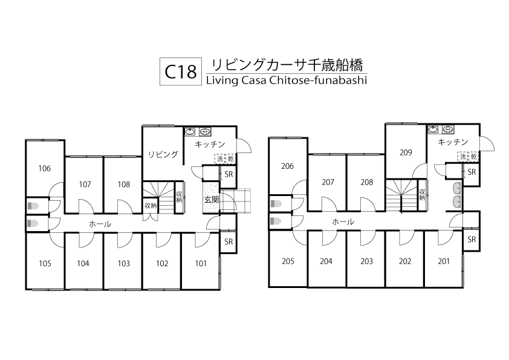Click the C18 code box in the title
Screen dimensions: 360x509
[181, 72]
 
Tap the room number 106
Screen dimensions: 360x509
[44, 169]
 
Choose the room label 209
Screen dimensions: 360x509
[405, 152]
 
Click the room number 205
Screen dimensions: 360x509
[288, 261]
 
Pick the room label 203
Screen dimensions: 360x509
[366, 261]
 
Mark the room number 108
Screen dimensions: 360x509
[124, 184]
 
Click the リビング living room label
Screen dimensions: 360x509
[163, 154]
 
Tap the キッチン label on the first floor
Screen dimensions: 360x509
[210, 144]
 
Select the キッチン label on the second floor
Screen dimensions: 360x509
[453, 142]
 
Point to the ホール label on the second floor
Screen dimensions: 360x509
[343, 222]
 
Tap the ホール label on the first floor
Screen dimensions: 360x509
[100, 224]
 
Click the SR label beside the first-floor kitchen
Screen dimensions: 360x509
[229, 175]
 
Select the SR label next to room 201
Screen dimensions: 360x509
[472, 240]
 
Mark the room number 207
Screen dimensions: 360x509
[328, 182]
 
